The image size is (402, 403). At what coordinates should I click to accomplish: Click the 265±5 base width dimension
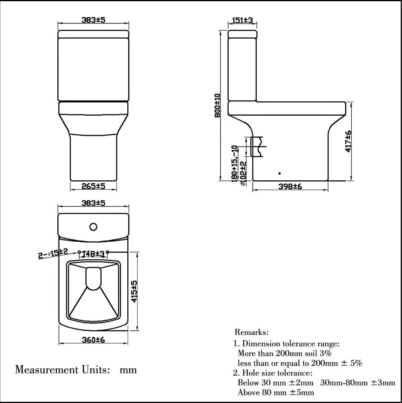tap(93, 186)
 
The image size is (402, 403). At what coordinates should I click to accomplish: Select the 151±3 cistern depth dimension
tap(243, 20)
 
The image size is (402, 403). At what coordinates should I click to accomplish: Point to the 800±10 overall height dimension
tap(217, 105)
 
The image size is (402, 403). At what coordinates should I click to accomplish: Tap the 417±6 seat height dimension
tap(348, 141)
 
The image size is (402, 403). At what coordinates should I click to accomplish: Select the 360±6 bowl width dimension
tap(93, 339)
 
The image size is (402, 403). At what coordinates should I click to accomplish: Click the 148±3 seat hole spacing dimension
tap(93, 254)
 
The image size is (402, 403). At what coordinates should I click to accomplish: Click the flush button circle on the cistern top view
tap(94, 226)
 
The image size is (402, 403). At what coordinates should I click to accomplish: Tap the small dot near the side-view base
tap(280, 173)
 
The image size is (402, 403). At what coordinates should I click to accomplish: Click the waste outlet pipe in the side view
tap(258, 147)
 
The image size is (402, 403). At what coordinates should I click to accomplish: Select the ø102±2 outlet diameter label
tap(243, 173)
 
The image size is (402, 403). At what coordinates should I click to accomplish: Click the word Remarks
tap(251, 333)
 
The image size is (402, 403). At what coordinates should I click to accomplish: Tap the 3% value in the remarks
tap(326, 353)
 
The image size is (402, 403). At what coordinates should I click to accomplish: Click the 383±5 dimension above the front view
tap(93, 20)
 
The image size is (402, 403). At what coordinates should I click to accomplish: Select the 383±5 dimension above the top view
tap(93, 203)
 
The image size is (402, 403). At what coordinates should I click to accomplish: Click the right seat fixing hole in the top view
tap(107, 252)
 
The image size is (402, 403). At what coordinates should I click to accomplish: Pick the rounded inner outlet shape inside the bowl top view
tap(94, 278)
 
